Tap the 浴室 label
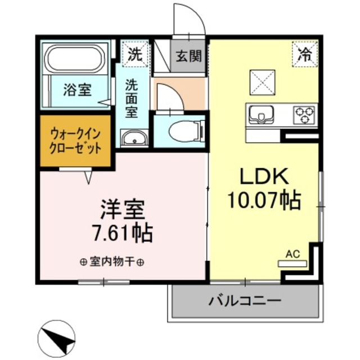[x=77, y=89]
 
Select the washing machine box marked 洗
[x=134, y=55]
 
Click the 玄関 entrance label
[x=188, y=56]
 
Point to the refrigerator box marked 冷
[x=304, y=55]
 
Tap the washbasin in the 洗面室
[x=134, y=137]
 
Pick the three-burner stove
[x=304, y=115]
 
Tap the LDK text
[x=264, y=176]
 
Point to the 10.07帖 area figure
[x=264, y=199]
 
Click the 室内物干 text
[x=111, y=262]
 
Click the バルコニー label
[x=245, y=300]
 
